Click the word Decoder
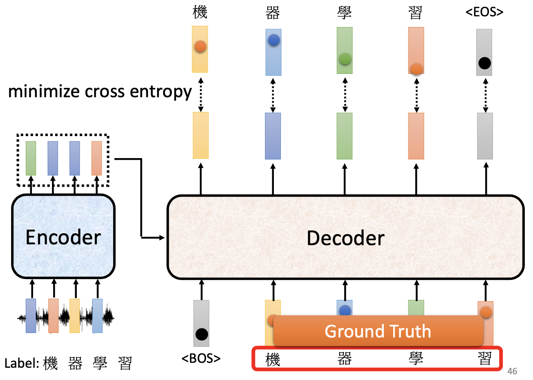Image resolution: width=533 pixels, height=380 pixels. coord(345,238)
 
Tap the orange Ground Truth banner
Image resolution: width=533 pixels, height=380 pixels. coord(378,331)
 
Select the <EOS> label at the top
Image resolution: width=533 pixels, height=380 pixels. coord(484,12)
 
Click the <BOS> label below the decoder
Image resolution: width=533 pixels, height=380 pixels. coord(201,358)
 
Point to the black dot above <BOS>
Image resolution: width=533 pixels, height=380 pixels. coord(202,334)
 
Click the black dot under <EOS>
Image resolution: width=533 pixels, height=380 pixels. coord(484,63)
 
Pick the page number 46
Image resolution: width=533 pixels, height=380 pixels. coord(512,371)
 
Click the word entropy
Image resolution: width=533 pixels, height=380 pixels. coord(161,92)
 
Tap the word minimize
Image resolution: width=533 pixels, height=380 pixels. coord(44,92)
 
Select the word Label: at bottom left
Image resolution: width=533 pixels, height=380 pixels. coord(22,363)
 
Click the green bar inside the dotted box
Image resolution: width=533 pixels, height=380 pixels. coord(31,158)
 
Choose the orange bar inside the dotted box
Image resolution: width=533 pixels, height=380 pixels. coord(96,158)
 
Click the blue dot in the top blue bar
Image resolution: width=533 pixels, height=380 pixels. coord(273,40)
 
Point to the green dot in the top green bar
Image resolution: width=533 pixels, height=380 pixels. coord(345,59)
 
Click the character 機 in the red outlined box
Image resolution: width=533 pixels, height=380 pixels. coord(273,360)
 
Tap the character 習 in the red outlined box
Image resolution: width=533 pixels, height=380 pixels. coord(485,359)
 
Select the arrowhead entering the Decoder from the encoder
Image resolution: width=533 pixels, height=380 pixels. coord(162,237)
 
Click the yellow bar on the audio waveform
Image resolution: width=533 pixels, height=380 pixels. coord(75,316)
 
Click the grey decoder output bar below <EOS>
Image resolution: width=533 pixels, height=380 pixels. coord(485,136)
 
